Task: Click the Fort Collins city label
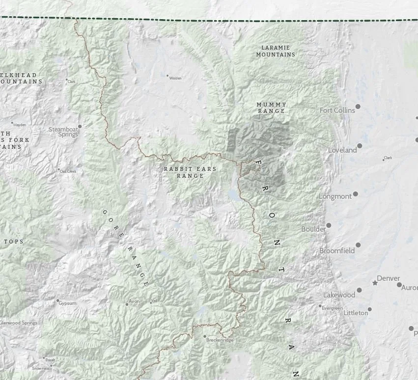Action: click(x=337, y=110)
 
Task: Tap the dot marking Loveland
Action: click(x=360, y=146)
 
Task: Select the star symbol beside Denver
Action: click(x=375, y=283)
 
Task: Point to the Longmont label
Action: click(x=335, y=196)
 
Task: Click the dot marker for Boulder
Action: click(x=329, y=225)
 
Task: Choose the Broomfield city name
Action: click(x=337, y=250)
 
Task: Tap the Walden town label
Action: click(x=175, y=78)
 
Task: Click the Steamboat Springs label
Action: click(x=63, y=132)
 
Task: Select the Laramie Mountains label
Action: click(x=276, y=51)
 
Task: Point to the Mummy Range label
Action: click(x=271, y=108)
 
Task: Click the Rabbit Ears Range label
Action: click(x=190, y=172)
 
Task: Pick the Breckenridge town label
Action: click(x=220, y=340)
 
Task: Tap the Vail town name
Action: click(x=154, y=300)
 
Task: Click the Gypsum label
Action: click(x=67, y=303)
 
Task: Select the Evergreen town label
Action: click(x=332, y=308)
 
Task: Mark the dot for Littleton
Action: click(x=370, y=309)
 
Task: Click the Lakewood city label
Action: click(x=339, y=295)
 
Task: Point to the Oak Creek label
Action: click(x=68, y=171)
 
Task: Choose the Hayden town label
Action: click(x=20, y=125)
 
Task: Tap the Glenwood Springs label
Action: click(x=19, y=323)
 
